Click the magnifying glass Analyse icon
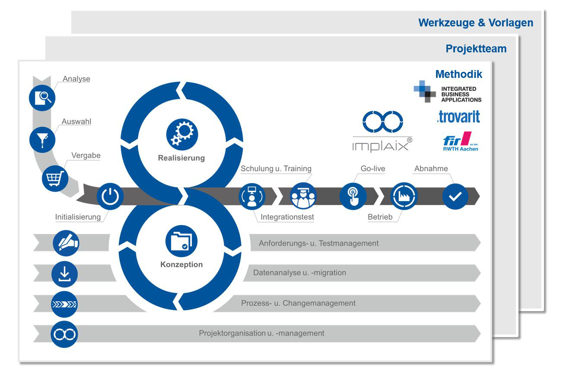click(x=42, y=98)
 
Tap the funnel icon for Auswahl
click(x=42, y=140)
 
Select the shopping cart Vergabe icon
click(x=55, y=178)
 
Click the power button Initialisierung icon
click(x=110, y=196)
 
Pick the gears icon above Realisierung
click(x=182, y=135)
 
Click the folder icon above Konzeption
click(x=181, y=241)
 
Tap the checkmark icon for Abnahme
click(x=455, y=196)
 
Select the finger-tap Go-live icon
click(x=353, y=196)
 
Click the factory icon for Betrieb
click(x=404, y=196)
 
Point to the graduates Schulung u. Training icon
click(x=303, y=196)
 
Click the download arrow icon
click(x=64, y=274)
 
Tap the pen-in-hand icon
click(x=66, y=243)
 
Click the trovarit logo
click(x=458, y=117)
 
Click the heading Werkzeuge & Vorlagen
click(x=476, y=23)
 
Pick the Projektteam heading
click(x=476, y=48)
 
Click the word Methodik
click(x=458, y=74)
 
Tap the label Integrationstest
click(x=287, y=217)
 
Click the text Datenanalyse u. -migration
click(x=300, y=273)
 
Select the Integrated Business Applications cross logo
click(x=425, y=91)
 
